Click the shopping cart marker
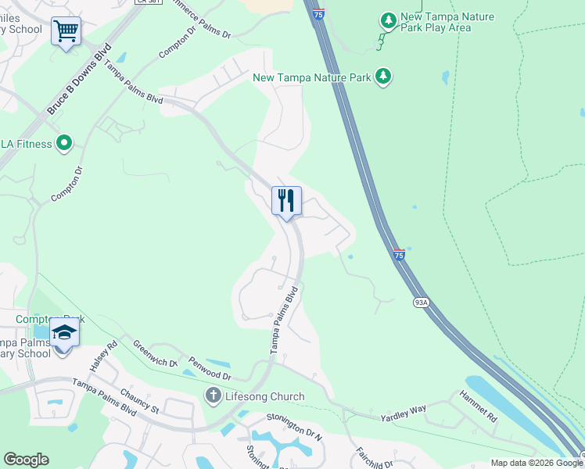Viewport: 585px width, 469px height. [66, 33]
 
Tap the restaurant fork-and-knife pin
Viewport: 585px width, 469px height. [286, 201]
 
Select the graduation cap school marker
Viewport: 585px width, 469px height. [64, 334]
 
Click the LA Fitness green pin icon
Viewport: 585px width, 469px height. [64, 144]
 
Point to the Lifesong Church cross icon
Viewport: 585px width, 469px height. [213, 396]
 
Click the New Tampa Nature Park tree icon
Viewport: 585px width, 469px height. [382, 77]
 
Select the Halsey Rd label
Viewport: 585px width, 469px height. [102, 356]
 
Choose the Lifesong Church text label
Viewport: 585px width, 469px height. [264, 396]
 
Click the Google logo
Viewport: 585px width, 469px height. [26, 460]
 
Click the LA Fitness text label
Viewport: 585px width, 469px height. [26, 144]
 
